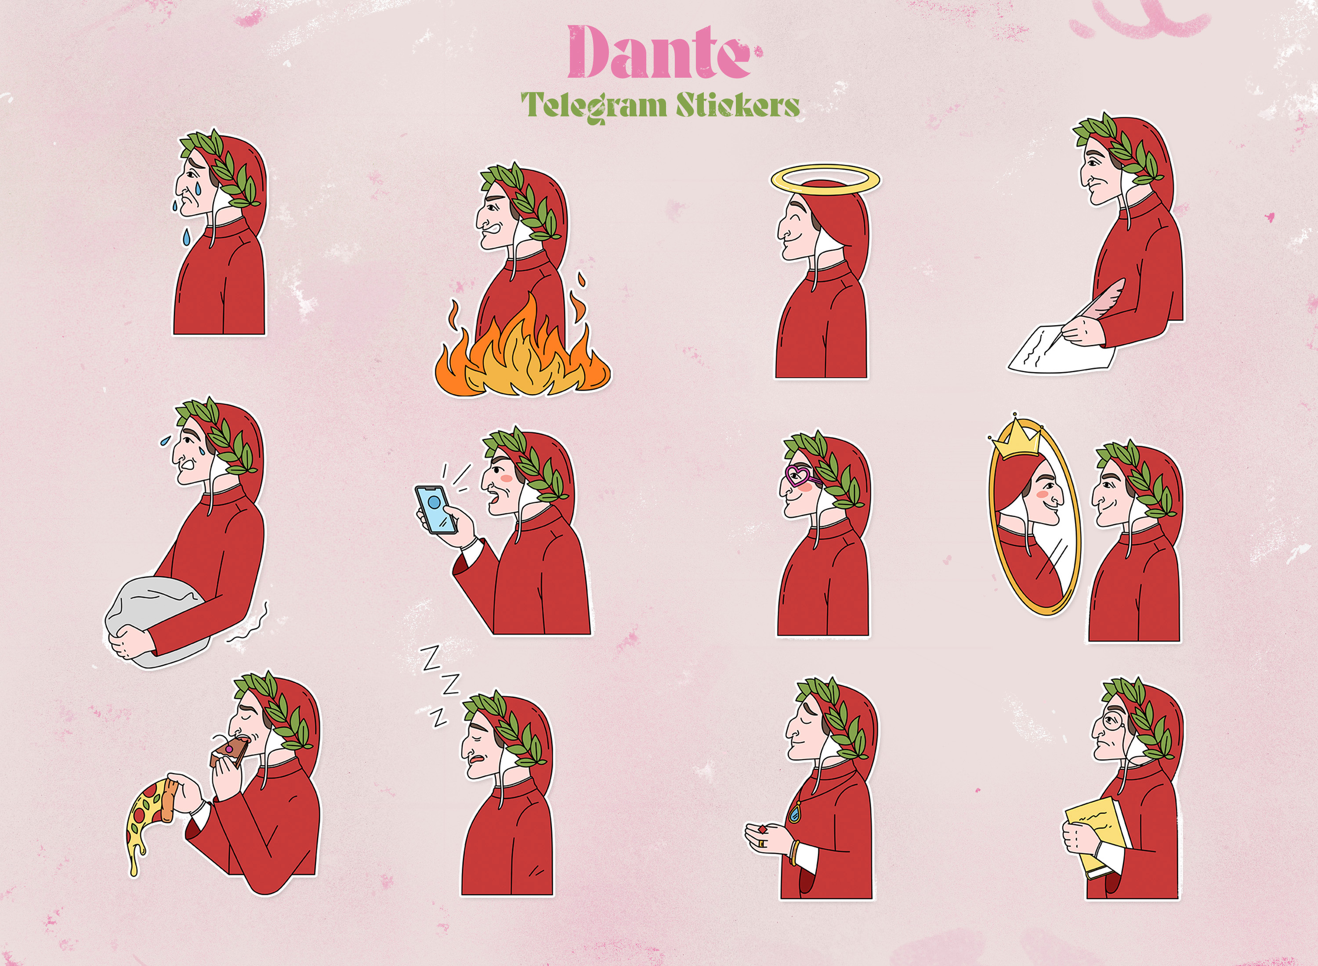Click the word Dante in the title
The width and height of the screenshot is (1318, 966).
click(659, 53)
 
